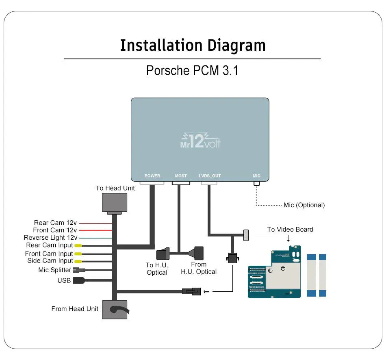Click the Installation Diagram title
[193, 45]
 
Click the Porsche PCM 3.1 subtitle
[192, 70]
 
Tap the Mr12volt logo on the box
[200, 141]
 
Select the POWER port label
[152, 176]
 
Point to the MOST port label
[181, 176]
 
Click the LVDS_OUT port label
[210, 176]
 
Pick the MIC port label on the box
[256, 176]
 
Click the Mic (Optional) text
[304, 205]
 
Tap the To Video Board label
[290, 230]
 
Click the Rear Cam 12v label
[55, 223]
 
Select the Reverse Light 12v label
[50, 238]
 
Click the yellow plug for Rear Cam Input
[78, 245]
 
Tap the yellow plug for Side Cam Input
[78, 261]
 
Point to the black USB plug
[78, 280]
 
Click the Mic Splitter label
[55, 270]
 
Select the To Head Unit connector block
[114, 203]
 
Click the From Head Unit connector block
[114, 310]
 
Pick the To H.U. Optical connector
[163, 253]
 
